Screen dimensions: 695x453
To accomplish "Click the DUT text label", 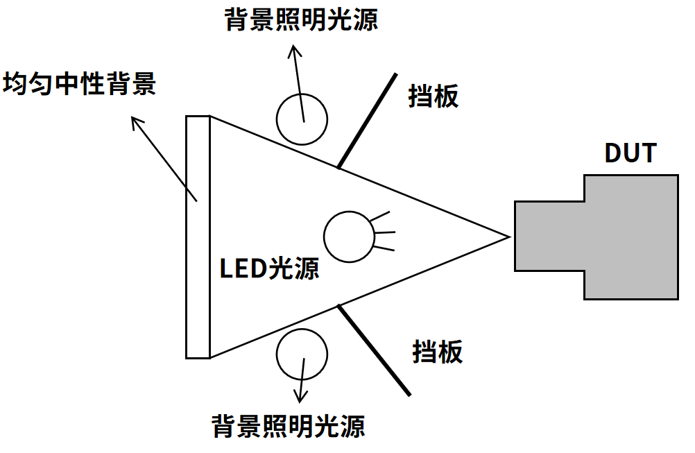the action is point(630,153).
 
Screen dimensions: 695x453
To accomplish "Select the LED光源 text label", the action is point(269,268).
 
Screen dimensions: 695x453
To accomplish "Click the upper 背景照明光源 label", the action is point(302,20).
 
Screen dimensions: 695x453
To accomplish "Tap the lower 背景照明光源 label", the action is point(289,427).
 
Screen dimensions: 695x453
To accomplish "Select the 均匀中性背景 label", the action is point(79,83).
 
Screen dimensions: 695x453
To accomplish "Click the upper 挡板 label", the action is point(433,96).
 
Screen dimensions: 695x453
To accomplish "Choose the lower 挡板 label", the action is point(438,352).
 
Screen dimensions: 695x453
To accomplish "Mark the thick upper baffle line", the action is point(368,121).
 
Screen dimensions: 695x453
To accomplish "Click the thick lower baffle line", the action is point(374,350).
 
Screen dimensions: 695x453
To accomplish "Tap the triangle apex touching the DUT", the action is point(510,237).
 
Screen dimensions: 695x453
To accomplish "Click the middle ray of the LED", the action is point(385,232).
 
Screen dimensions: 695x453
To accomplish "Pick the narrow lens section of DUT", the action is point(549,237).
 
